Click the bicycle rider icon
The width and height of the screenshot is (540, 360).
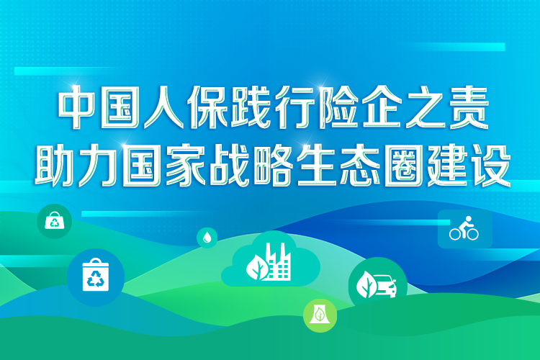[464, 230]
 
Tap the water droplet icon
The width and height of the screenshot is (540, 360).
[207, 237]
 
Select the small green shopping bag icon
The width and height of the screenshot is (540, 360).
[55, 221]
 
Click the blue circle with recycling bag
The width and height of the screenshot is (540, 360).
[95, 278]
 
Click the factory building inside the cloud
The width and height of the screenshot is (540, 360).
[277, 263]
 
